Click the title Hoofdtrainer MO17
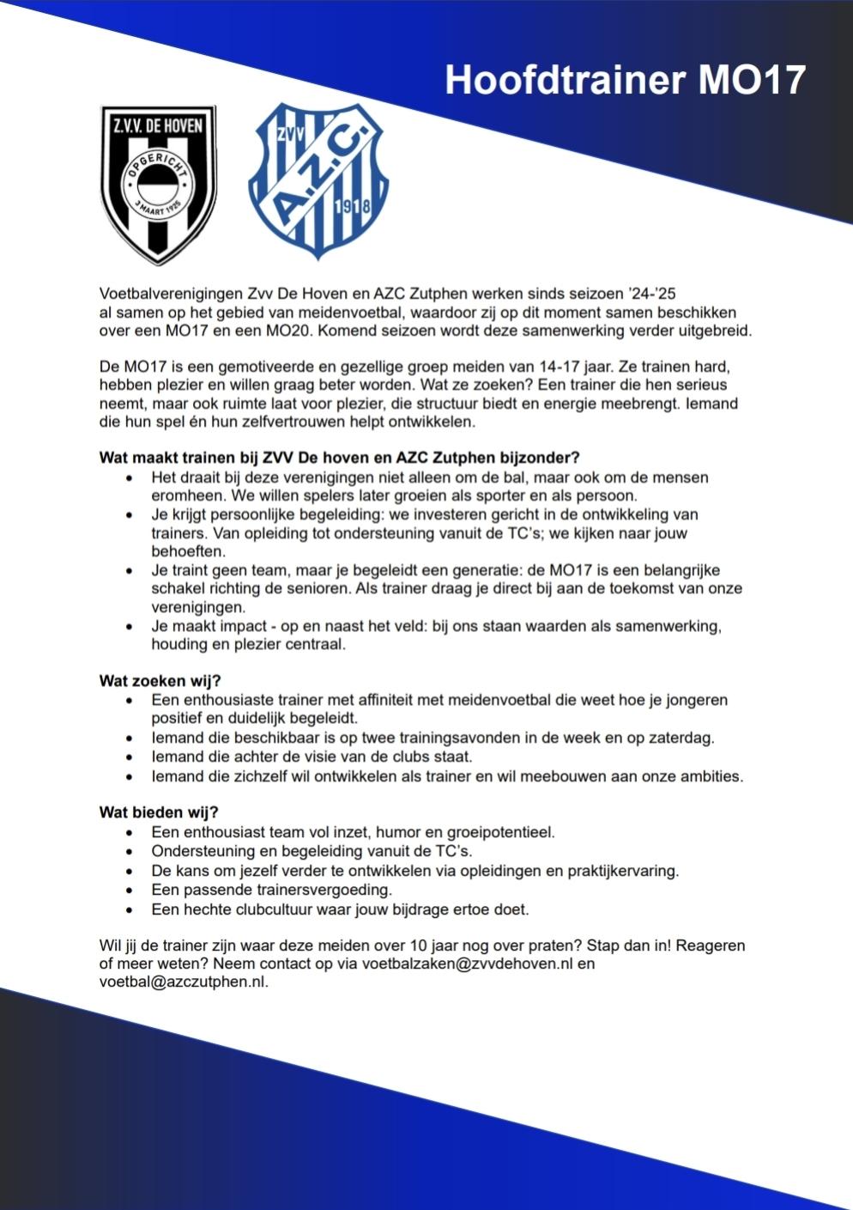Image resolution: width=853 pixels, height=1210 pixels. (625, 80)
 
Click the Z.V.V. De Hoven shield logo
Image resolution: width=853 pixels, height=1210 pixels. (158, 184)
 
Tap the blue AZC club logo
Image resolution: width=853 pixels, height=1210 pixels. (317, 181)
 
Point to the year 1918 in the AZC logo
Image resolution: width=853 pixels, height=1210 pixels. (354, 207)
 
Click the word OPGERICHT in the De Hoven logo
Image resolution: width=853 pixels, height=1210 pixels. (158, 164)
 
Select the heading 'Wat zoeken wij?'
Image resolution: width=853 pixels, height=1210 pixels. (160, 681)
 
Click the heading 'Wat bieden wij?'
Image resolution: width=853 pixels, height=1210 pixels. (159, 812)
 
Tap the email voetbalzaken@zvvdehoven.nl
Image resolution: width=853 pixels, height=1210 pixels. (466, 964)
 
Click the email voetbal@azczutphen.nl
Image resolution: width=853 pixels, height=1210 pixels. (183, 982)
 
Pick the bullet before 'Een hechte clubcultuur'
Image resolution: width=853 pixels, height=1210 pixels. (130, 909)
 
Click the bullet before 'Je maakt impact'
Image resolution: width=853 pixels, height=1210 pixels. (130, 627)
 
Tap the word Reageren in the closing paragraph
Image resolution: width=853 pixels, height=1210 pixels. (710, 946)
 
